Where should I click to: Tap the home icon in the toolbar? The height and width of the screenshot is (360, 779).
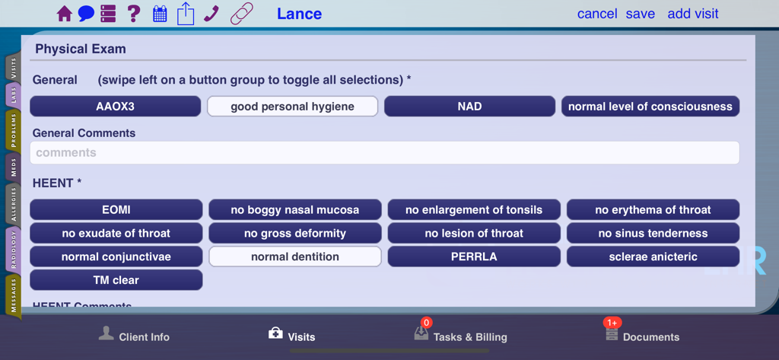65,14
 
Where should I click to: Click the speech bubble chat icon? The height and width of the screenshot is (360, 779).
86,14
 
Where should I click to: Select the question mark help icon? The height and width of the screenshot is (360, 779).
134,14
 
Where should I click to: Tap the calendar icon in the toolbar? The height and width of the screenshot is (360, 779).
160,14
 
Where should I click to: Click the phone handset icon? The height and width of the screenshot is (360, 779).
211,14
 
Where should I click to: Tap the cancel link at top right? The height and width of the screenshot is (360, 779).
597,14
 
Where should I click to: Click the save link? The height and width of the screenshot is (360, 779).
641,14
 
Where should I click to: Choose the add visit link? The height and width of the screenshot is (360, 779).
692,14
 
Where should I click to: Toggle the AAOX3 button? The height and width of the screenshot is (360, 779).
116,107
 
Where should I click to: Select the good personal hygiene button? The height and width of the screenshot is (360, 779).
293,107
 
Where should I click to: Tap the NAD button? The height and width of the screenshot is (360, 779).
469,107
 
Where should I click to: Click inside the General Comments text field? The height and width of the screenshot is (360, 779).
384,153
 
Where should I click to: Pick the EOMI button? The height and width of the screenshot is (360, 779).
116,209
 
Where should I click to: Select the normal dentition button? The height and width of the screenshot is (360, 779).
295,256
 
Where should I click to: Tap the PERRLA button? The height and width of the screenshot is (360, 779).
474,256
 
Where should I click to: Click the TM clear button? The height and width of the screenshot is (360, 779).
116,280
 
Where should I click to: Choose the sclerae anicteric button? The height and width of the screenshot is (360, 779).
653,256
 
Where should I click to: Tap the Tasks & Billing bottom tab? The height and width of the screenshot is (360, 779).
460,336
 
